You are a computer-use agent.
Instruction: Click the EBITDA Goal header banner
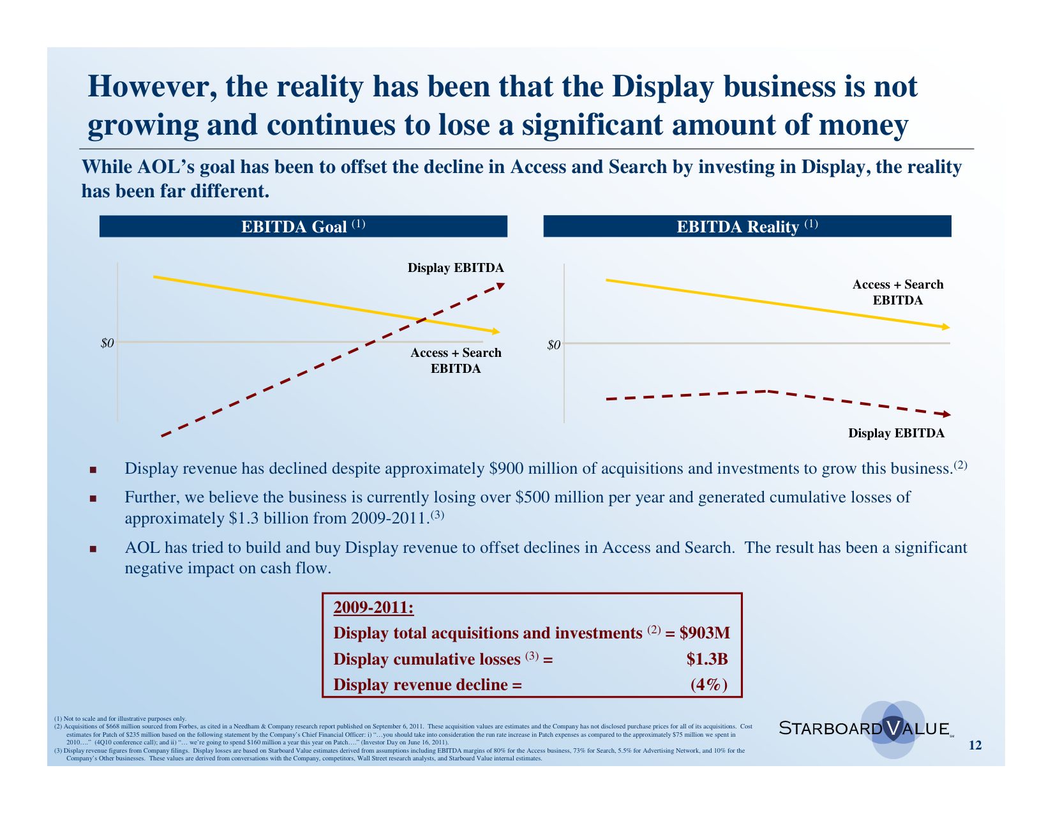[303, 227]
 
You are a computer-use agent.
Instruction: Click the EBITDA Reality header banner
[747, 227]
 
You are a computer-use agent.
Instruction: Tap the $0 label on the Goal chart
[107, 343]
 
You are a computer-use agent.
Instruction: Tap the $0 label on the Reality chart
[554, 345]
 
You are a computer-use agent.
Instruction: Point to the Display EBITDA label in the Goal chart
[456, 268]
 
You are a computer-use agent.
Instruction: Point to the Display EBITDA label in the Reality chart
[896, 433]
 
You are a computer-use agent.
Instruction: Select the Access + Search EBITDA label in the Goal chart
[456, 361]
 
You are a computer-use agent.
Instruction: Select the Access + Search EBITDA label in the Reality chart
[897, 292]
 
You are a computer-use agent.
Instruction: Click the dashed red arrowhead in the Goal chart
[500, 285]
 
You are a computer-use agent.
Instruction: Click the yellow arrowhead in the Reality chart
[945, 327]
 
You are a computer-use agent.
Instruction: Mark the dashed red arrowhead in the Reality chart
[946, 414]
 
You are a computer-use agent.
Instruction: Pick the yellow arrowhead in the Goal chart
[495, 331]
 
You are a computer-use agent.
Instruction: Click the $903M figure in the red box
[705, 633]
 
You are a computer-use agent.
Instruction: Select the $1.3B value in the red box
[706, 659]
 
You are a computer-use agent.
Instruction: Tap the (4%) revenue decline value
[708, 685]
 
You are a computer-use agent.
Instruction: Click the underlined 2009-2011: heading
[373, 608]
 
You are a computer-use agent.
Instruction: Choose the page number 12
[975, 745]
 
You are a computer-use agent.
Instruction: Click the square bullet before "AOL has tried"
[93, 549]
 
